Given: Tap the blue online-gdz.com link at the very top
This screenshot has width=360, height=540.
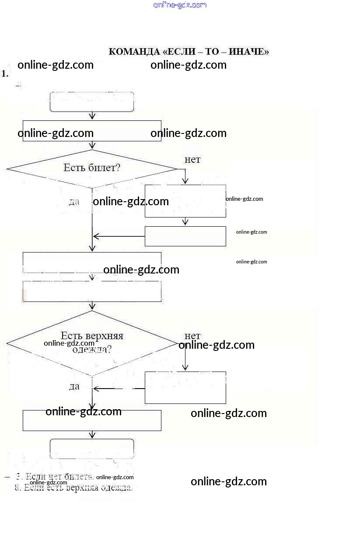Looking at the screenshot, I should pos(180,5).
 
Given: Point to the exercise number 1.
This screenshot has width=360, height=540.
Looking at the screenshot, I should pos(5,74).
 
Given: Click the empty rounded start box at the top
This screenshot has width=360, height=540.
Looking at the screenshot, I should pos(92,102).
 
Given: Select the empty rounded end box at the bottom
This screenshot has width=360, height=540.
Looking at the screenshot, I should pos(92,449).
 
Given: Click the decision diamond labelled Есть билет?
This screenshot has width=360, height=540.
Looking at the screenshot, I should pos(92,168).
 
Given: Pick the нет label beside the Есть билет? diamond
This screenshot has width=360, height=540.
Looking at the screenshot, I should pos(192,159).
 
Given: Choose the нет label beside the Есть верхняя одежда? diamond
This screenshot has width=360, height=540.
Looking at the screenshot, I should pos(192,336).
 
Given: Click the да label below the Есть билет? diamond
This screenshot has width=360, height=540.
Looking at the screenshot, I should pos(74,202).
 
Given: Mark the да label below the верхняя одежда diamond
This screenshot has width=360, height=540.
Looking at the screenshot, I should pos(74,386).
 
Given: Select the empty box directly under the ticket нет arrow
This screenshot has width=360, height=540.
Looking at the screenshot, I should pos(185,201).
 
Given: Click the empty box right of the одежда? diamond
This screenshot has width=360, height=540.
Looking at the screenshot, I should pos(185,387).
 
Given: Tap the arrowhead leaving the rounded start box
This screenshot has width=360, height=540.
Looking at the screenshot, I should pos(92,116).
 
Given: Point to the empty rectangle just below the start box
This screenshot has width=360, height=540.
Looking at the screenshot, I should pos(92,131).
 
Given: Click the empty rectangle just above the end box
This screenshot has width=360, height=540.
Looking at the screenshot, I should pos(92,420).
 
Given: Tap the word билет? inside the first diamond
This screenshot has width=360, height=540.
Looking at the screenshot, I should pos(105,168).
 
